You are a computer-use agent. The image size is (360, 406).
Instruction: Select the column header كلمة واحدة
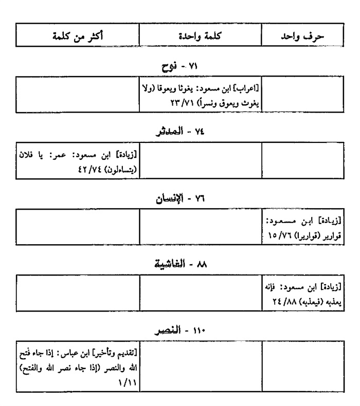pos(201,37)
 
